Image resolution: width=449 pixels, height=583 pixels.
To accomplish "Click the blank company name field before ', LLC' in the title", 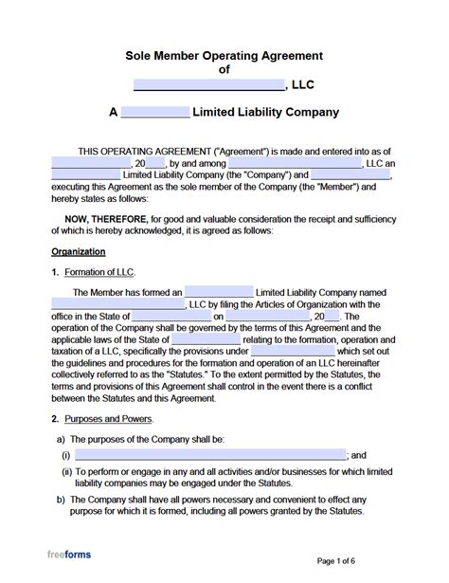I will coord(209,84).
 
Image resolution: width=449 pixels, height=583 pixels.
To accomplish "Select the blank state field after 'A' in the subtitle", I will coord(155,113).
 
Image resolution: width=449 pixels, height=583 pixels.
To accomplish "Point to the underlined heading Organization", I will coord(78,251).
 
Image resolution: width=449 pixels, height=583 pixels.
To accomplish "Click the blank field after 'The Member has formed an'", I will coord(219,292).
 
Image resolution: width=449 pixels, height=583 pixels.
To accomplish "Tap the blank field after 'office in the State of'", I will coord(171,316).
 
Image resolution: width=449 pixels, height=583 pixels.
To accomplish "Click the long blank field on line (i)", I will coord(209,455).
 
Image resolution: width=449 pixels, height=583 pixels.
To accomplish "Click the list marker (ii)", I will coord(67,471).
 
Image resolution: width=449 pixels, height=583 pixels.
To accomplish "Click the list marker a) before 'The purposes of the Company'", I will coord(62,439).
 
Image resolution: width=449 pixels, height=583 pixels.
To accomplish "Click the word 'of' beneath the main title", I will coord(224,69).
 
